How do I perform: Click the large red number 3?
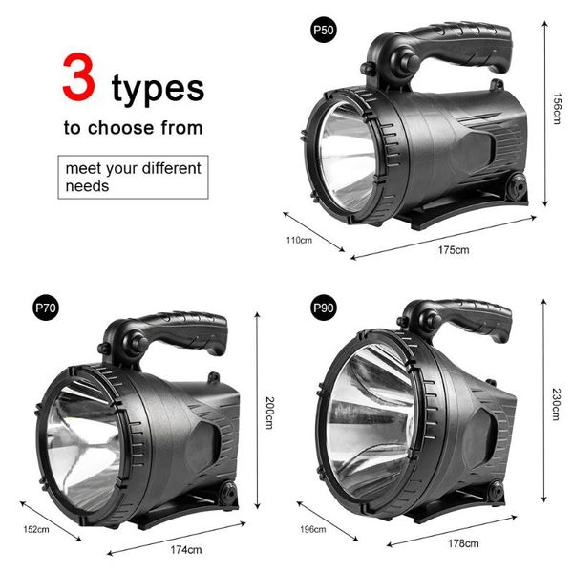click(79, 78)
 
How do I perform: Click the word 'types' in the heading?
click(158, 87)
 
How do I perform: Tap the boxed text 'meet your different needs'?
click(133, 177)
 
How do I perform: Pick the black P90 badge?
click(324, 308)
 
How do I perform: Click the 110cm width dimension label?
click(299, 239)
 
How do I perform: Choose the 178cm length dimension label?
click(462, 543)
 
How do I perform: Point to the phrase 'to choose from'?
click(133, 126)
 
